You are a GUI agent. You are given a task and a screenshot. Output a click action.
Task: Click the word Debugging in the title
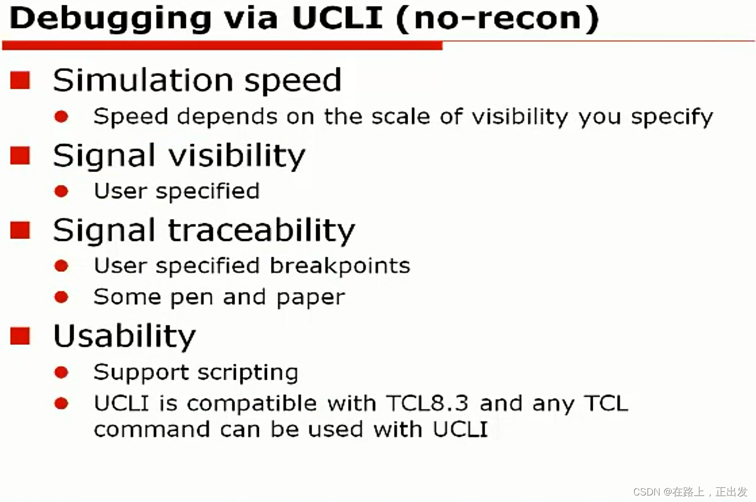(x=110, y=19)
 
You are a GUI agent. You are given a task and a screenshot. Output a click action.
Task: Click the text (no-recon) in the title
(x=498, y=18)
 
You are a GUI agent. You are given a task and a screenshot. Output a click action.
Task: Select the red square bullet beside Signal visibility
(x=21, y=155)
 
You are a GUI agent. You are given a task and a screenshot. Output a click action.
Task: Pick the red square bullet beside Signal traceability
(x=21, y=230)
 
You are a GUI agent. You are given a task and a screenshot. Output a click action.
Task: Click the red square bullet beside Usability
(x=21, y=336)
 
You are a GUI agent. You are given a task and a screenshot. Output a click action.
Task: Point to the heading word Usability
(x=124, y=336)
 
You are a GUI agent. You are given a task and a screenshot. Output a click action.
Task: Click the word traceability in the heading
(x=262, y=230)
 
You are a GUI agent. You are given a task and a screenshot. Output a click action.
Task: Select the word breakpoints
(x=340, y=266)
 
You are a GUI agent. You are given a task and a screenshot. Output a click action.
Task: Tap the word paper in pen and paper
(x=310, y=298)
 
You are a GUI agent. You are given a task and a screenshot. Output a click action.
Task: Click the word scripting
(x=248, y=373)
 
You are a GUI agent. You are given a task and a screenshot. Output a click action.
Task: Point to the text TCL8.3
(x=427, y=404)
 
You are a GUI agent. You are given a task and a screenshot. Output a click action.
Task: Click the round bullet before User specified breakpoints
(x=61, y=266)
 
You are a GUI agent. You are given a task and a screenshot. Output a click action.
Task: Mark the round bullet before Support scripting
(x=61, y=372)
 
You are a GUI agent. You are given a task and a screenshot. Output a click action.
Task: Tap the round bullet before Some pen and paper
(x=61, y=297)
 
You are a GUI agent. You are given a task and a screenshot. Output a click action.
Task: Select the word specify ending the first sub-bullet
(x=672, y=117)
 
